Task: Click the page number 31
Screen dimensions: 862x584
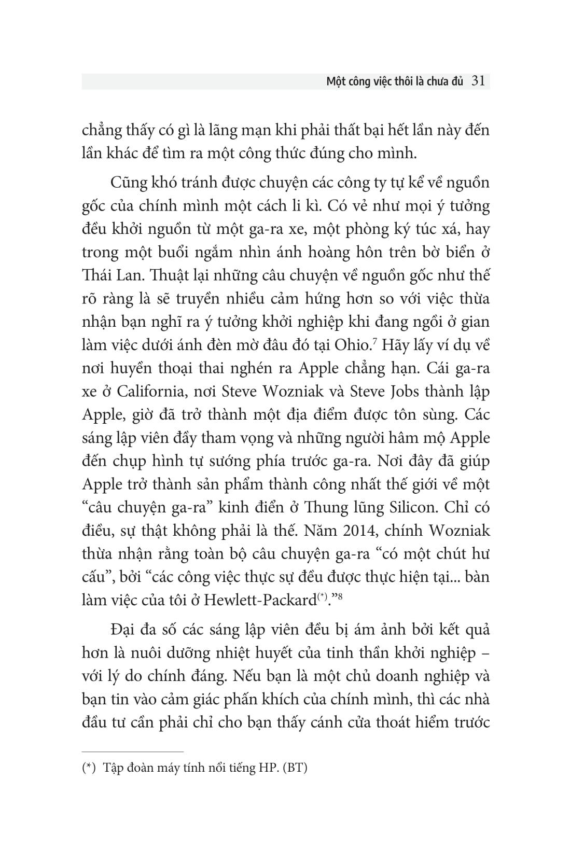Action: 478,81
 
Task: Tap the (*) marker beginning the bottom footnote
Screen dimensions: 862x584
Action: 91,768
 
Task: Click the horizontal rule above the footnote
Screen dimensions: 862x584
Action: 133,751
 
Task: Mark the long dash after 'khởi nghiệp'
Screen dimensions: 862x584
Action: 486,654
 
